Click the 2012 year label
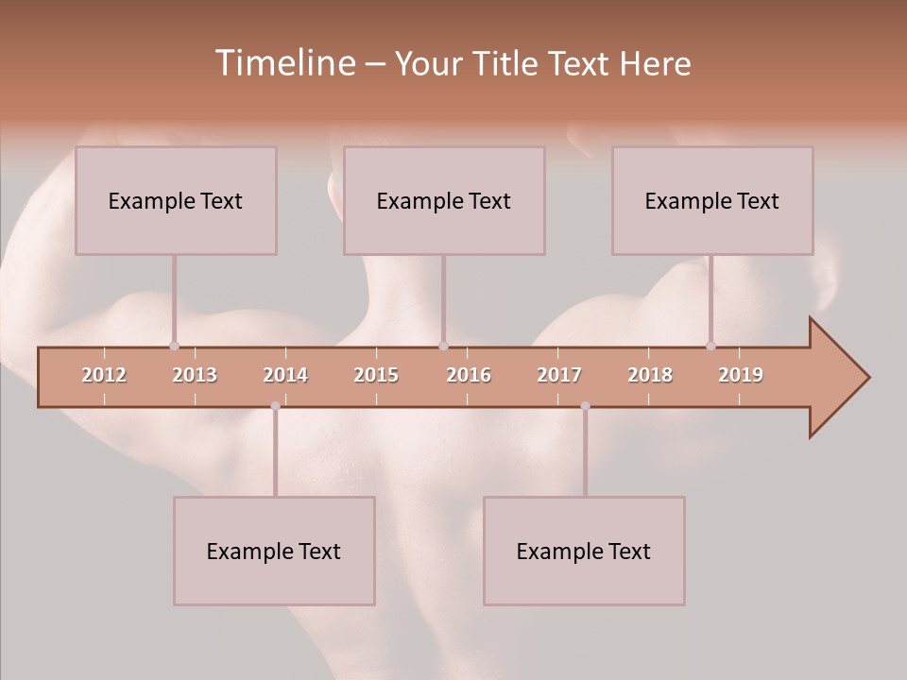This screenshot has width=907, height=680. (x=104, y=375)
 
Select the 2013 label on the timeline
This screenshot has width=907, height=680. (x=195, y=375)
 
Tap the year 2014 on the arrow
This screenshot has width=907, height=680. (x=285, y=375)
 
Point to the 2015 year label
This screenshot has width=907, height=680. (x=376, y=375)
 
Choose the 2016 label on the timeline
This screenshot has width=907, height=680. (x=469, y=375)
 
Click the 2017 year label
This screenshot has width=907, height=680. (x=559, y=375)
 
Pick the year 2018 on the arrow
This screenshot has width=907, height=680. (x=650, y=375)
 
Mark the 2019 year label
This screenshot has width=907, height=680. (x=741, y=375)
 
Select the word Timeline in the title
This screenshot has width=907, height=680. (x=284, y=63)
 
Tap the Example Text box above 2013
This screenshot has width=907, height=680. (x=176, y=200)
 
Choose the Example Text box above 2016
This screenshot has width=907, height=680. (x=444, y=200)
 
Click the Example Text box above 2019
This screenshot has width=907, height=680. (x=712, y=200)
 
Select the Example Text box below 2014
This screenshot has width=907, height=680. (x=274, y=551)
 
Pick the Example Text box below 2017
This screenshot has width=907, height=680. (x=584, y=551)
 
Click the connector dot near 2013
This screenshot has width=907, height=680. (x=174, y=346)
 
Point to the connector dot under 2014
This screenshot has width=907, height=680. (x=275, y=406)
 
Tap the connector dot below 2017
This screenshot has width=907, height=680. (x=585, y=406)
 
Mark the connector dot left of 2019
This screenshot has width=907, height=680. (x=710, y=346)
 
